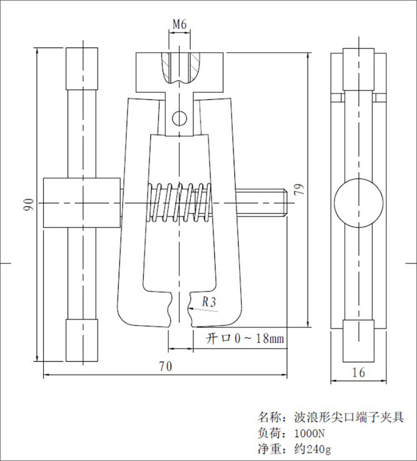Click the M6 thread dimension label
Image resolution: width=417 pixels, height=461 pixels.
179,24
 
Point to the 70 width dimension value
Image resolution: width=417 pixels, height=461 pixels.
165,366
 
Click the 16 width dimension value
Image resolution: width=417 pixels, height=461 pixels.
359,372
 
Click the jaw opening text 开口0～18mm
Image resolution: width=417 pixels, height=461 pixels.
245,338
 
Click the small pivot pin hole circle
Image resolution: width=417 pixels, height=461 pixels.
179,118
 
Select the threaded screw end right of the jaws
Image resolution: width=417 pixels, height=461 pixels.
261,204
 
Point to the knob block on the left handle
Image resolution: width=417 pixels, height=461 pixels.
82,203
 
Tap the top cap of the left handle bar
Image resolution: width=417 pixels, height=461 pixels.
83,68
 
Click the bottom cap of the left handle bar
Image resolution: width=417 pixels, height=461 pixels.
83,340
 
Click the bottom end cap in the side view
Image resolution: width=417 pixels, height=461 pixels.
359,341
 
